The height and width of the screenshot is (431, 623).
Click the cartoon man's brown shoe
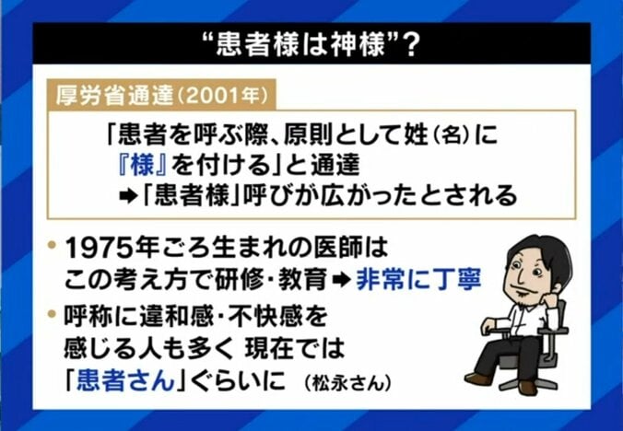click(x=480, y=378)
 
